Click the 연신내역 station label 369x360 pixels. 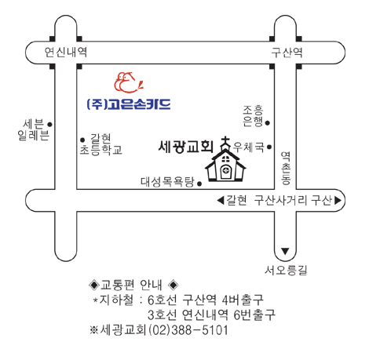tap(66, 53)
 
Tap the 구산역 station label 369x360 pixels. tap(287, 53)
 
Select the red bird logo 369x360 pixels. tap(129, 82)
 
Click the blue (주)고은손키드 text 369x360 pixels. tap(129, 104)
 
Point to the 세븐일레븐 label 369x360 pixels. tap(33, 130)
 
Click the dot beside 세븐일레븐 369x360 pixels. tap(49, 125)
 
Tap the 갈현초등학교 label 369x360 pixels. tap(101, 144)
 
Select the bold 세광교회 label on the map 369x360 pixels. tap(186, 147)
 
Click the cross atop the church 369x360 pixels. tap(225, 141)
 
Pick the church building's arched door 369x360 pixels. tap(226, 171)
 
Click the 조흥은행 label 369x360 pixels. tap(253, 116)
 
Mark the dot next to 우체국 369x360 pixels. tap(269, 147)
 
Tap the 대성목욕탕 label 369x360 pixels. tap(168, 182)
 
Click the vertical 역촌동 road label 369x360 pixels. tap(286, 168)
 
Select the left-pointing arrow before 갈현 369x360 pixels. tap(221, 201)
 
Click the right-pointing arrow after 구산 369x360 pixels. tap(338, 201)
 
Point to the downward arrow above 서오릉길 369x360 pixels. tap(285, 251)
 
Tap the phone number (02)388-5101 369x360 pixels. tap(188, 330)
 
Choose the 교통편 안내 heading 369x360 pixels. tap(131, 285)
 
